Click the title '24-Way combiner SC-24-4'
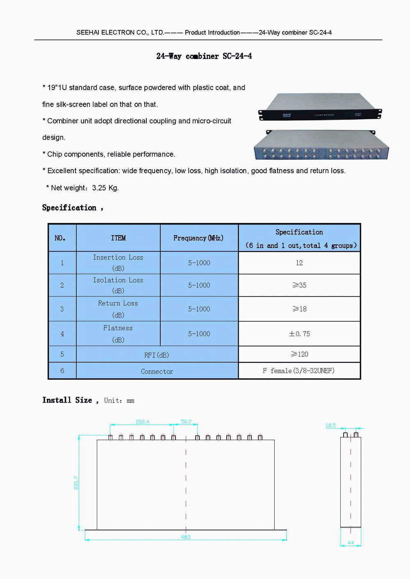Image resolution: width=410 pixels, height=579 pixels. click(204, 56)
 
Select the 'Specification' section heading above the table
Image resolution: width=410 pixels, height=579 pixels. click(69, 208)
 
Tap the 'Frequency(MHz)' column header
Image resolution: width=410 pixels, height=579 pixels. click(198, 238)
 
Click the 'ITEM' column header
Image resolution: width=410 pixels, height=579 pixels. click(118, 238)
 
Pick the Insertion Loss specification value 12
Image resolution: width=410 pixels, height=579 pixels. click(299, 263)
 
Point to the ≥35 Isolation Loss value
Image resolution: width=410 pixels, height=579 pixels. click(299, 285)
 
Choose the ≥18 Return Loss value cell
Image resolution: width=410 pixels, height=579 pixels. click(299, 309)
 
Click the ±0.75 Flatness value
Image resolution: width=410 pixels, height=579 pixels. click(299, 334)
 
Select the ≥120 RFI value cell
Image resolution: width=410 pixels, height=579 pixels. click(299, 354)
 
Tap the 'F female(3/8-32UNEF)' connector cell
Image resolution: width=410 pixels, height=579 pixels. click(299, 371)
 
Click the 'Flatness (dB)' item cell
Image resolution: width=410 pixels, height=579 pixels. click(118, 334)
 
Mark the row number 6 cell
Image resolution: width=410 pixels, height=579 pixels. click(62, 371)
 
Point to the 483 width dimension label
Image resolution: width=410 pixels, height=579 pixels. click(186, 537)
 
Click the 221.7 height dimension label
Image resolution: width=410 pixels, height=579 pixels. click(76, 482)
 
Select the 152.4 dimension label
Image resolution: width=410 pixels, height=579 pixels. click(142, 421)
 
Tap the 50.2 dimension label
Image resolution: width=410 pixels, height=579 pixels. click(186, 421)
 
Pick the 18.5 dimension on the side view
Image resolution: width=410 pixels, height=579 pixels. click(330, 425)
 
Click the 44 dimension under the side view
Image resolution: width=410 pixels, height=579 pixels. click(351, 543)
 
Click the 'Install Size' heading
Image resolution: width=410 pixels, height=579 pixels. click(67, 400)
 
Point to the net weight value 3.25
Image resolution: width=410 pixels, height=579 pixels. click(99, 188)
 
